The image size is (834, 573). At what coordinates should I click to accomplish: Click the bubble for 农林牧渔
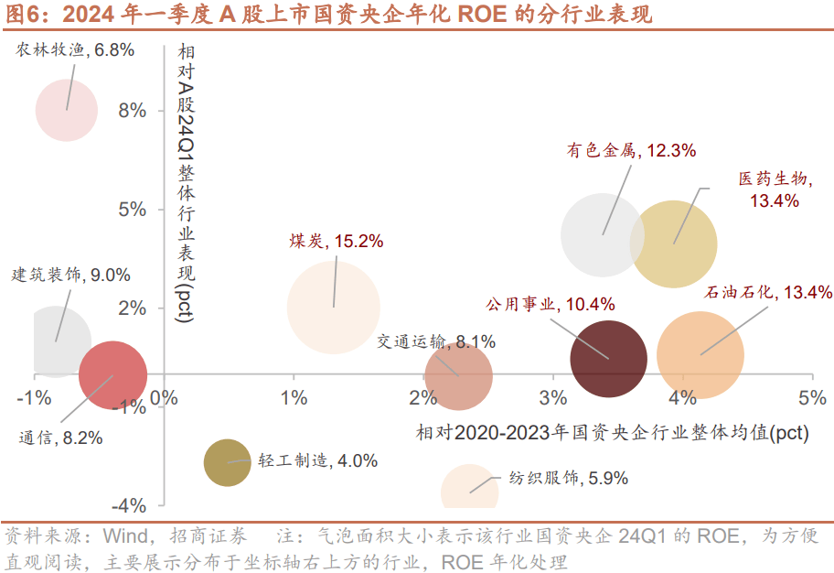[67, 110]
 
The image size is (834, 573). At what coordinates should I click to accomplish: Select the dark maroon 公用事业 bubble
[608, 358]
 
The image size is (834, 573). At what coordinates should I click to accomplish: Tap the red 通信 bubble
[112, 374]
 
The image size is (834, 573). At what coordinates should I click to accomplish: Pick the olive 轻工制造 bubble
[227, 462]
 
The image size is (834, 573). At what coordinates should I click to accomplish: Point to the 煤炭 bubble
[334, 307]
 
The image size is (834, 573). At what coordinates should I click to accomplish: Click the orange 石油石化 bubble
[700, 355]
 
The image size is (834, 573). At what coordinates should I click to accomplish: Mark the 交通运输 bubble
[459, 377]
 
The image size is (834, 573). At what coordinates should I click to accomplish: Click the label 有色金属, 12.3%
[632, 150]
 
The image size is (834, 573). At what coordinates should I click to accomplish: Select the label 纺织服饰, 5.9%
[555, 477]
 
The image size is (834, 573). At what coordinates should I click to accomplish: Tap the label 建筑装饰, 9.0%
[70, 274]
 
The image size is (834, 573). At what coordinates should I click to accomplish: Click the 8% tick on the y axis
[133, 111]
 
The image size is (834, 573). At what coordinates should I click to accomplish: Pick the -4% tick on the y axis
[130, 505]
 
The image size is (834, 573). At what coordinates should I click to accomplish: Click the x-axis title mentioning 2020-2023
[612, 432]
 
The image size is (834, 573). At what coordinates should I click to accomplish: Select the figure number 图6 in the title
[21, 15]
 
